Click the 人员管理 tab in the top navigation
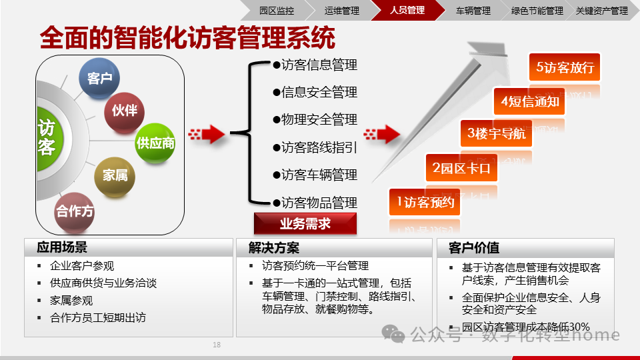(407, 11)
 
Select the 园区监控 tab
(276, 11)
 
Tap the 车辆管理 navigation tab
(473, 11)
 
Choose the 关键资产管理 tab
(601, 11)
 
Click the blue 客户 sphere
(99, 78)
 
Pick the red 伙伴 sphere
(125, 110)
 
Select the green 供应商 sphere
(155, 143)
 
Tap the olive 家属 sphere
(115, 175)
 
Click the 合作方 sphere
(75, 211)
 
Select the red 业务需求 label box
(305, 224)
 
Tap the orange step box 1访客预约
(425, 202)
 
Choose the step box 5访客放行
(564, 67)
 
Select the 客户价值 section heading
(474, 247)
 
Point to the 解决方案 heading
(274, 247)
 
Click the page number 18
(217, 345)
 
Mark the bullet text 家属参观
(71, 301)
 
